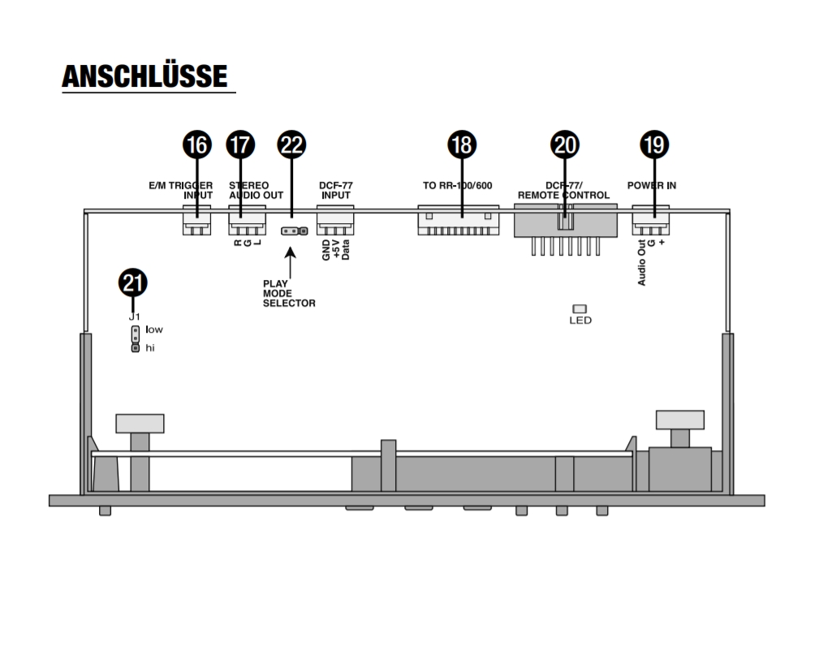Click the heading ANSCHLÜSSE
[145, 76]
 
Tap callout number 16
[197, 145]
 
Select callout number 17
[240, 145]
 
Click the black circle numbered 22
[291, 145]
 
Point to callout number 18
[461, 145]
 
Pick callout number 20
[565, 145]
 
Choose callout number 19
[654, 145]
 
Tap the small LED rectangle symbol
[580, 308]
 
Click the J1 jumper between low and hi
[135, 338]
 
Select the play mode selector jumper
[294, 230]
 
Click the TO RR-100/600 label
[458, 186]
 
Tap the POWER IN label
[651, 186]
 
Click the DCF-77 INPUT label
[335, 191]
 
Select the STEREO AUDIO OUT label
[256, 191]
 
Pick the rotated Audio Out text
[641, 263]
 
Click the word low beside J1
[154, 329]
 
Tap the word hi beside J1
[150, 347]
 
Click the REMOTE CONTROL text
[563, 196]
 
